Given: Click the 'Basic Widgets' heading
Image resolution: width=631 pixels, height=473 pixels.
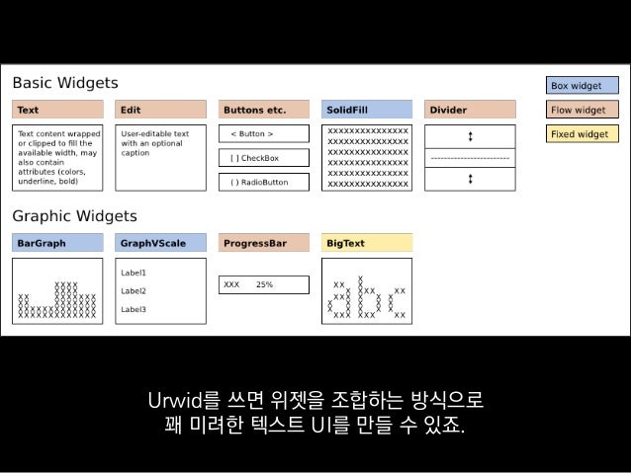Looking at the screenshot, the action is click(x=65, y=82).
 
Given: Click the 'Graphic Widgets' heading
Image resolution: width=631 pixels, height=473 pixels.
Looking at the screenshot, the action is click(x=74, y=215).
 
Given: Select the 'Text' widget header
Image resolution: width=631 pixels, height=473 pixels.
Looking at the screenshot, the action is click(x=57, y=110).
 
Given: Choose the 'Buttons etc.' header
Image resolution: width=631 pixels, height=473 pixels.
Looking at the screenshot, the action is click(x=263, y=110).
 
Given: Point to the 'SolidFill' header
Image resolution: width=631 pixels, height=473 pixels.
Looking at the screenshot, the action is click(x=367, y=110).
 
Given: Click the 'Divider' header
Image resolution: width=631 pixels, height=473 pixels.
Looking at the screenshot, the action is click(x=470, y=110).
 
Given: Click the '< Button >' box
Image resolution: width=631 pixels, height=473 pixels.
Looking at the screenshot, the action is click(x=263, y=134).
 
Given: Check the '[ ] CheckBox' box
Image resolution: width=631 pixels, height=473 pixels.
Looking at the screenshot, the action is click(x=263, y=158).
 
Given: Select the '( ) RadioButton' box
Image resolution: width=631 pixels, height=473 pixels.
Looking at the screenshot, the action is click(x=263, y=182).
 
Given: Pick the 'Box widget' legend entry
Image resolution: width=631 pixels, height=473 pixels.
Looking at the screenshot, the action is click(x=584, y=86).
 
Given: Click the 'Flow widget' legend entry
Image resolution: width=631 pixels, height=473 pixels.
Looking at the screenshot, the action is click(x=584, y=110).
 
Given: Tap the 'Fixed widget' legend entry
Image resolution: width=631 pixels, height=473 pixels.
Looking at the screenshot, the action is click(x=584, y=134).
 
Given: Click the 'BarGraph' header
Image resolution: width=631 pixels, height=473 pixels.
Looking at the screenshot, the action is click(x=57, y=242).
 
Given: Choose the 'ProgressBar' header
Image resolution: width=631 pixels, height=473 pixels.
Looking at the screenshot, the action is click(x=263, y=242).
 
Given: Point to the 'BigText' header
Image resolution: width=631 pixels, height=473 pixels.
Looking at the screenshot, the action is click(x=367, y=242).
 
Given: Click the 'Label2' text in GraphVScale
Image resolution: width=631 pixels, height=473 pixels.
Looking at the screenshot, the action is click(x=134, y=291).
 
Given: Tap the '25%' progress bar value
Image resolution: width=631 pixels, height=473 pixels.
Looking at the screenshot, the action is click(x=265, y=284).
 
